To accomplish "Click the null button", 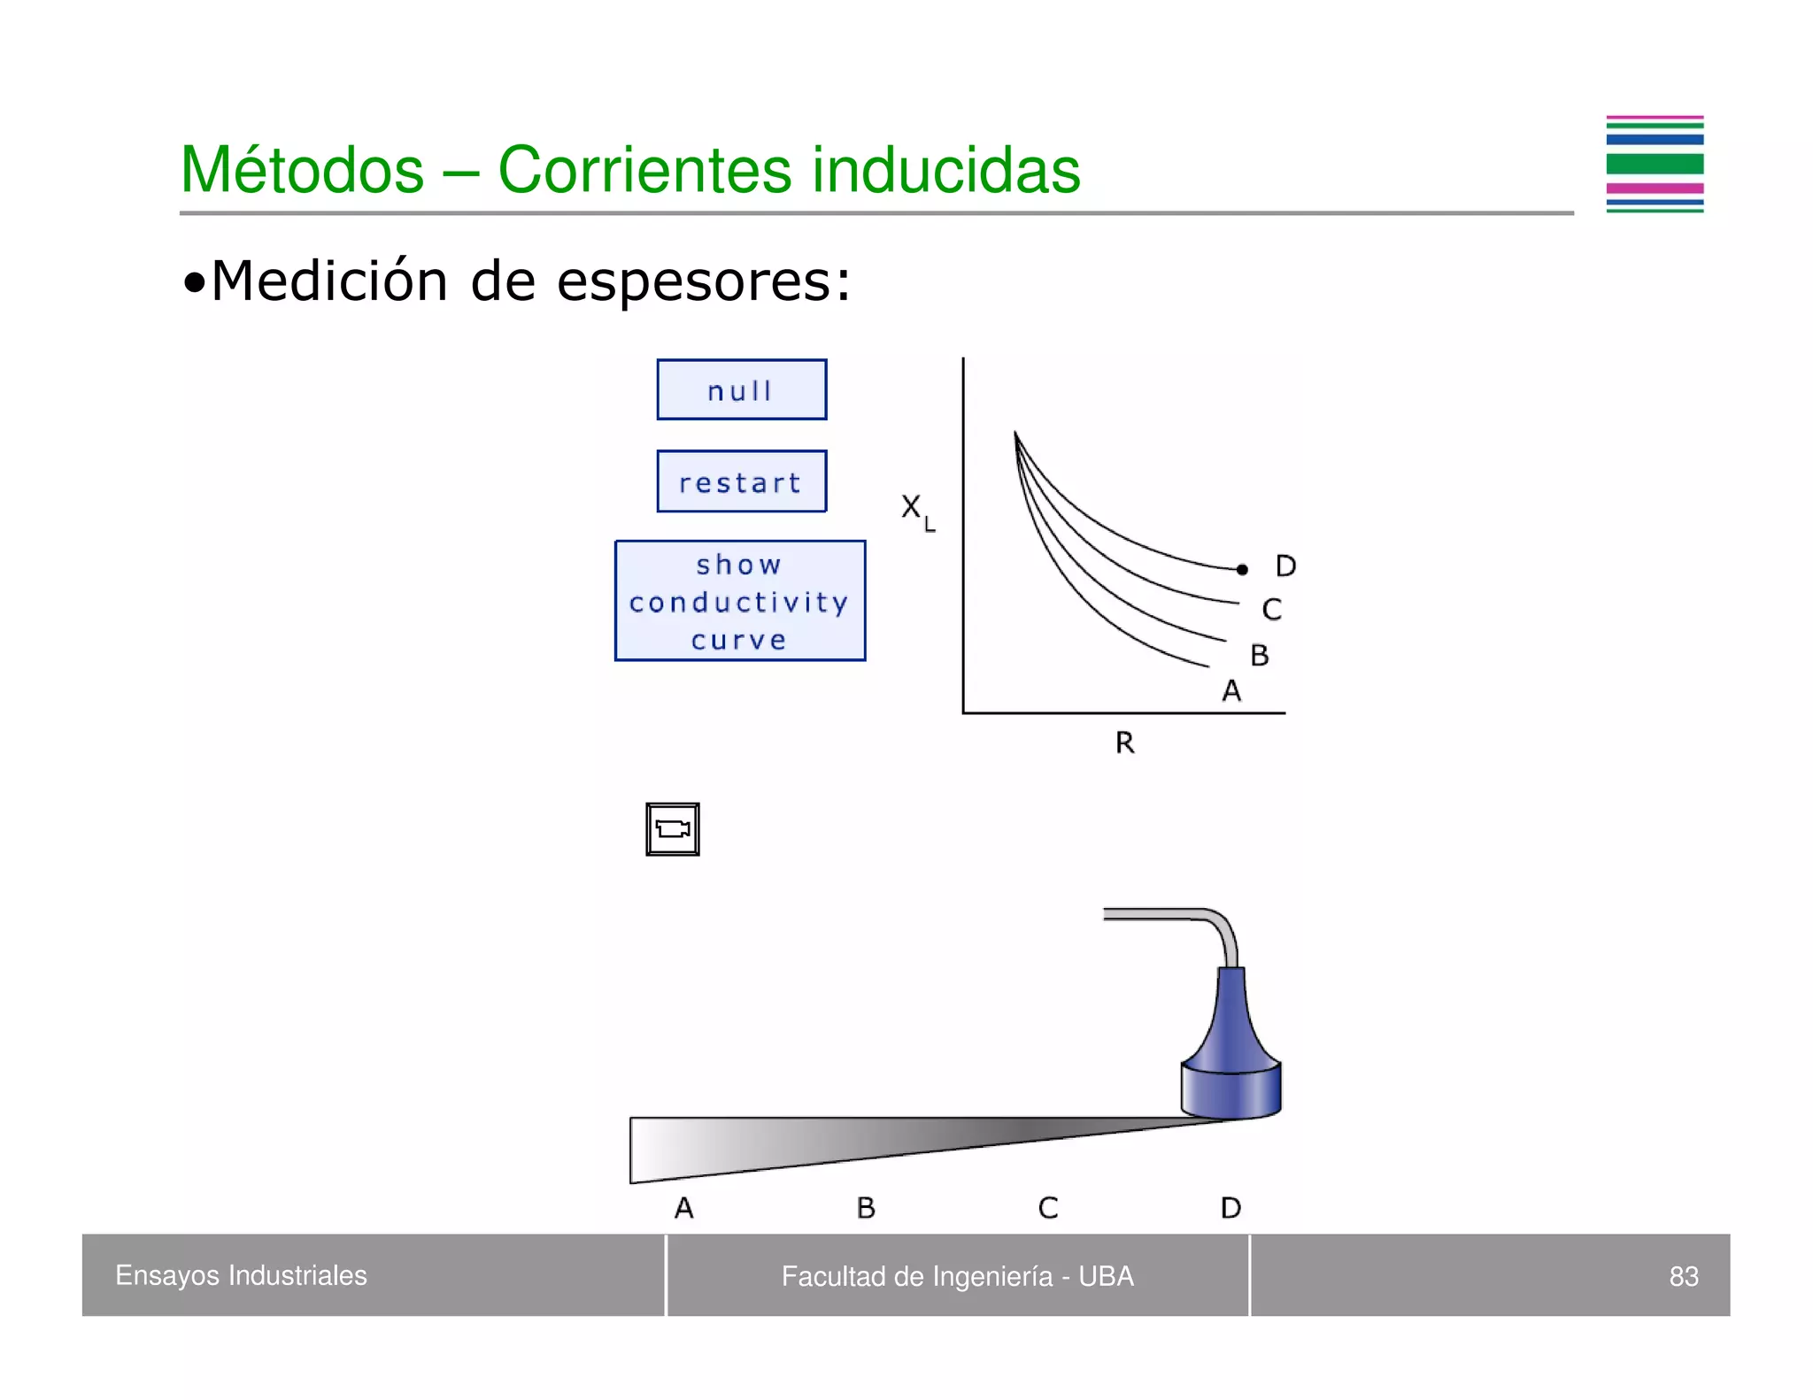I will coord(741,389).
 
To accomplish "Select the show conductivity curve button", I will coord(740,601).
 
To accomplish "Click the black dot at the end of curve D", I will coord(1242,570).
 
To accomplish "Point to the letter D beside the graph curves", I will coord(1285,566).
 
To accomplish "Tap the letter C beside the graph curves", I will coord(1271,610).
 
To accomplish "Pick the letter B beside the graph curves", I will coord(1259,656).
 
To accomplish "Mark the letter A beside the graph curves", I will coord(1231,691).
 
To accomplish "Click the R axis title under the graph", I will coord(1124,742).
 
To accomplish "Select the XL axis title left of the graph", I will coord(916,511).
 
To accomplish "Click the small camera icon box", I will coord(673,829).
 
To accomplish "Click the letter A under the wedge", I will coord(683,1208).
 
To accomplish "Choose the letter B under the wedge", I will coord(866,1208).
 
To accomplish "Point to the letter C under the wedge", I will coord(1048,1208).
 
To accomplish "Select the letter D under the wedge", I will coord(1231,1208).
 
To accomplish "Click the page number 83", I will coord(1683,1276).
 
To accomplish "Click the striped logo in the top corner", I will coord(1654,165).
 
